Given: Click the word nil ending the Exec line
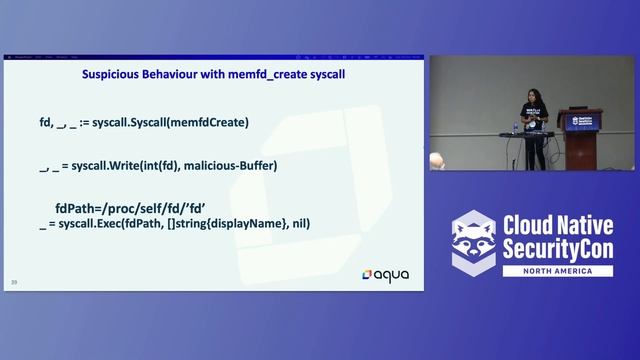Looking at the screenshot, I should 301,223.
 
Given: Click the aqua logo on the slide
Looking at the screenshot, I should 386,273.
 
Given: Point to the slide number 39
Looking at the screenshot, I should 15,281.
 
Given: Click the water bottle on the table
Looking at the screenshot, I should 516,128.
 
